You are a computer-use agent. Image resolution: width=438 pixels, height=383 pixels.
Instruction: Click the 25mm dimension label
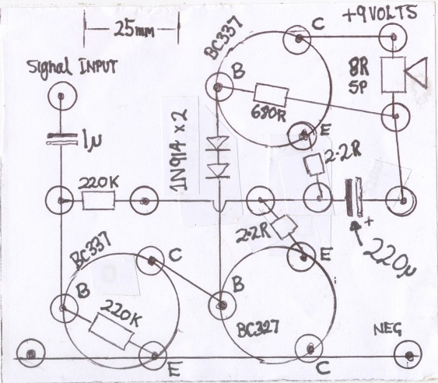tap(134, 29)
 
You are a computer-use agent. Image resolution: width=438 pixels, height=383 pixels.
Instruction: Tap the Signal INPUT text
tap(73, 68)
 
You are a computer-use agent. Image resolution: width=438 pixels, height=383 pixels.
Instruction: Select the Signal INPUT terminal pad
tap(61, 96)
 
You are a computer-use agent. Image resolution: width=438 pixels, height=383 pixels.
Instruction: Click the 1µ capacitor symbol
tap(61, 139)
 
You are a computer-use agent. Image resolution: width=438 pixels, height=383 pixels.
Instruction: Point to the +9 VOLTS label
tap(379, 14)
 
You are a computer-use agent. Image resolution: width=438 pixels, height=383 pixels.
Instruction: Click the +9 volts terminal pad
tap(394, 37)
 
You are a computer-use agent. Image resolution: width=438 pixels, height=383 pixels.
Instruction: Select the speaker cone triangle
tap(416, 72)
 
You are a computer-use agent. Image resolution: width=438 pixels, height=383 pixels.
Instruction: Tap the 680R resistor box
tap(271, 96)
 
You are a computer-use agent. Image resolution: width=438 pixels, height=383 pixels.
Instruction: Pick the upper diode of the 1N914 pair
tap(218, 144)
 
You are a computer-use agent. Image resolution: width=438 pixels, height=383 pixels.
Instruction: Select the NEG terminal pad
tap(408, 356)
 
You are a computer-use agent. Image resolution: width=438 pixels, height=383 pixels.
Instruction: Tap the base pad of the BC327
tap(222, 305)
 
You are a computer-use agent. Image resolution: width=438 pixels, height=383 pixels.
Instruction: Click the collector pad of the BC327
tap(310, 348)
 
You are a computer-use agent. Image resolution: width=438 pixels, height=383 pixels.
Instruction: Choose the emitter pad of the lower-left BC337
tap(153, 356)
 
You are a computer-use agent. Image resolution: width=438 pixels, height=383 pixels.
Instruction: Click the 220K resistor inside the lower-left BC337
tap(111, 332)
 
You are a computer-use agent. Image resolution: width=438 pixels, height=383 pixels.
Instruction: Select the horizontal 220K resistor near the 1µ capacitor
tap(98, 200)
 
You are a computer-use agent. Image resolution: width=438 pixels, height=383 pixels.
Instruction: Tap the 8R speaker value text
tap(359, 68)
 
